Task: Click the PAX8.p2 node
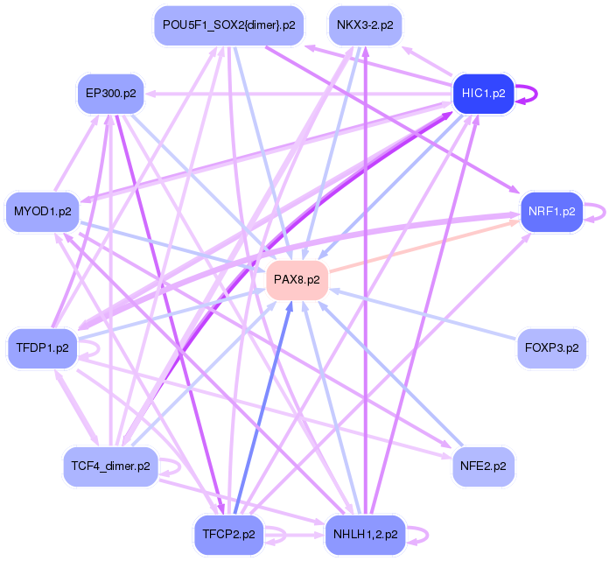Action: click(x=297, y=280)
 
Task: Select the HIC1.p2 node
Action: click(x=482, y=95)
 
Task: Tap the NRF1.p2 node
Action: click(x=551, y=211)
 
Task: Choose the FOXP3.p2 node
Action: click(x=551, y=347)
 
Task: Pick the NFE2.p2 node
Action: click(x=483, y=466)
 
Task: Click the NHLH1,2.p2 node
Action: click(x=365, y=534)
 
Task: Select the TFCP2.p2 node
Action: click(x=228, y=534)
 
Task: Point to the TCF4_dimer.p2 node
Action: click(x=110, y=466)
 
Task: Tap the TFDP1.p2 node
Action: click(x=42, y=347)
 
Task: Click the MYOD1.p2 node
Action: click(x=42, y=211)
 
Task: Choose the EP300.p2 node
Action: click(x=110, y=93)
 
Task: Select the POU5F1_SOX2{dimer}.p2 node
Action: click(x=228, y=25)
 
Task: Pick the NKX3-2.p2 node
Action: click(x=365, y=25)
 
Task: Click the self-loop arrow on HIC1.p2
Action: click(x=526, y=94)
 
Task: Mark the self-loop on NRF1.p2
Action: click(x=595, y=211)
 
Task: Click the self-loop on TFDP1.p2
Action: click(x=87, y=350)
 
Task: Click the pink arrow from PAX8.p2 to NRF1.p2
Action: click(x=420, y=251)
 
